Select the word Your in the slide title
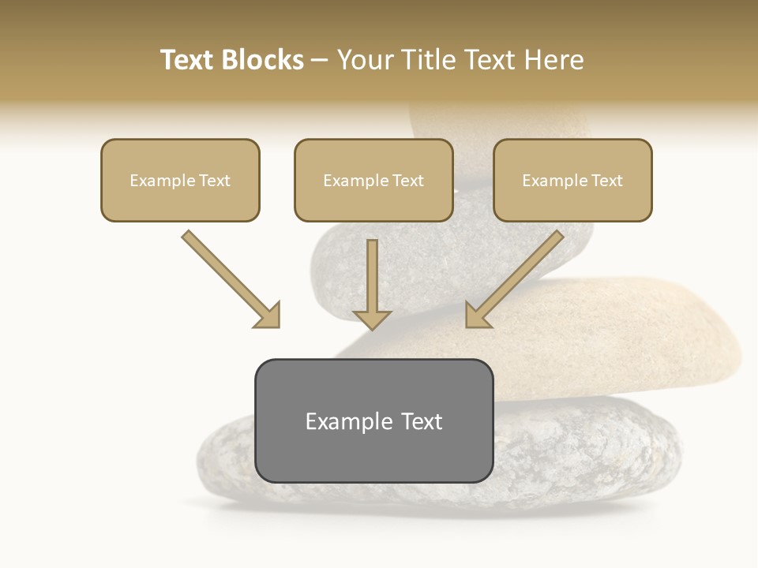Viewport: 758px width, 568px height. (x=365, y=60)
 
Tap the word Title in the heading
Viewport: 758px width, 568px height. (x=426, y=60)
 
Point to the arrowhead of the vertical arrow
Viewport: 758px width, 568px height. (x=372, y=319)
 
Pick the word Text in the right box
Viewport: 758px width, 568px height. (x=607, y=181)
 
